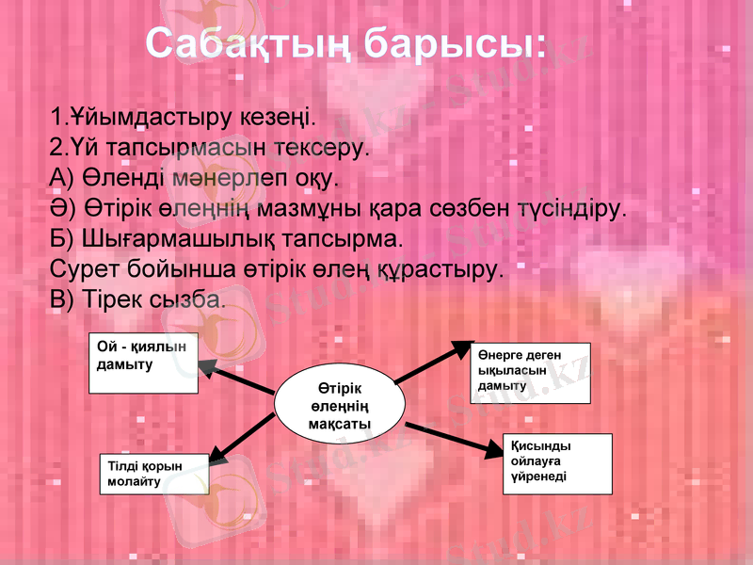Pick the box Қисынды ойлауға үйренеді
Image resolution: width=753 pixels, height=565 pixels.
[558, 462]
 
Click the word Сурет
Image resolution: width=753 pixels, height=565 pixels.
[78, 267]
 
